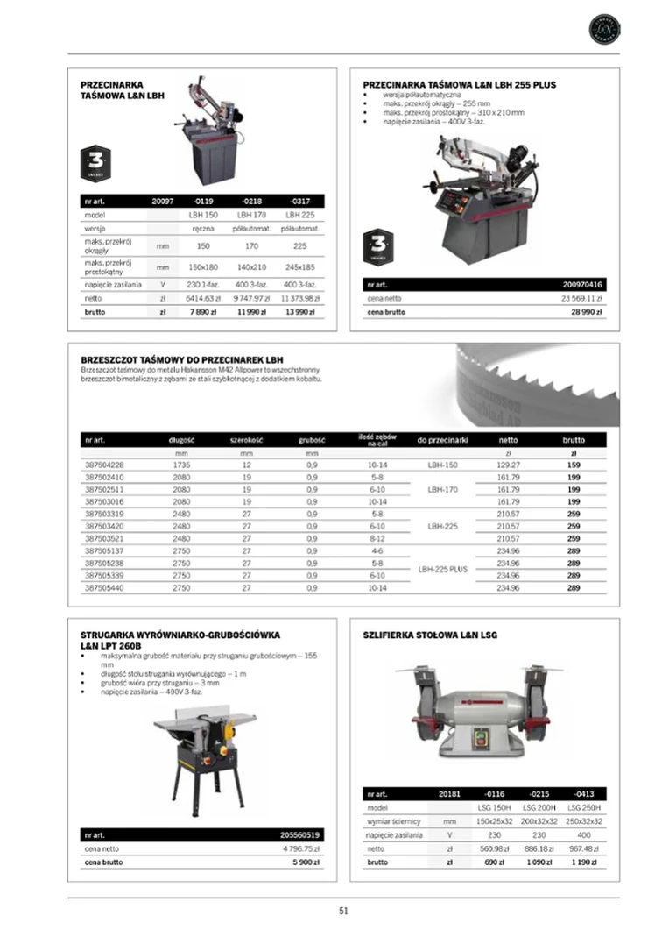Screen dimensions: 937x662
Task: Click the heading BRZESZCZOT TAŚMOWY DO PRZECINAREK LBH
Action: pos(182,359)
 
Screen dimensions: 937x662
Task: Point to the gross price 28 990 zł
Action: pos(588,312)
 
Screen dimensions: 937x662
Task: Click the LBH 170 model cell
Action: pos(252,215)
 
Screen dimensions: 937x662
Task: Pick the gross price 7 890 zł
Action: pos(203,312)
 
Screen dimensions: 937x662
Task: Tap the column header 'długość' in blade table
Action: pos(181,440)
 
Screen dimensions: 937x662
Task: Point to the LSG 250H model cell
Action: pos(584,807)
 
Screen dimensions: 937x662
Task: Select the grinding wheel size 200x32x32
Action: pos(539,821)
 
